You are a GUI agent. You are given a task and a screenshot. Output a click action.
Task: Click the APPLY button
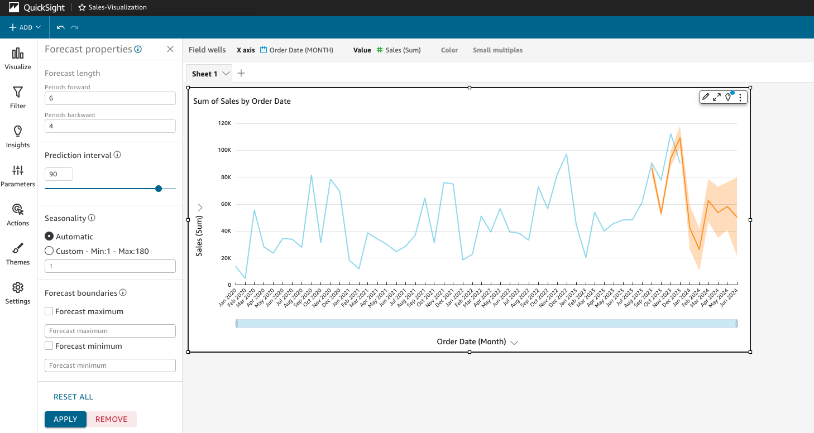65,419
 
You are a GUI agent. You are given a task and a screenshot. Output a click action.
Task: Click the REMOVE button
111,419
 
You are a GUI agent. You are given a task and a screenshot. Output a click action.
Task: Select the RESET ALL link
73,397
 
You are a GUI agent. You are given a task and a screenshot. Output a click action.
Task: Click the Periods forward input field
110,98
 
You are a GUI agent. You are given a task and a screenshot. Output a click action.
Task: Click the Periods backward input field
110,126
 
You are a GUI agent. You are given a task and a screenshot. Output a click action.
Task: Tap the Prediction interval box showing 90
59,174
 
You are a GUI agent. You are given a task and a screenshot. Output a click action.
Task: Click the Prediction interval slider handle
159,189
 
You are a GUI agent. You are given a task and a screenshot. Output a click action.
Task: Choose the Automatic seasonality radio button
49,237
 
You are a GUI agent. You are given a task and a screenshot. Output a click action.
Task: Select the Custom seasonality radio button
49,251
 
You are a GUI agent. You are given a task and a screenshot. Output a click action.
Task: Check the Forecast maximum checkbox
49,311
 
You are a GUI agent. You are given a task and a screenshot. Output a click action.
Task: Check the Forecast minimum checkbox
49,346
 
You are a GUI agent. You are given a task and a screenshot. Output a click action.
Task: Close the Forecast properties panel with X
170,49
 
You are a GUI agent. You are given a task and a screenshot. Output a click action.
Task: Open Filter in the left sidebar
18,97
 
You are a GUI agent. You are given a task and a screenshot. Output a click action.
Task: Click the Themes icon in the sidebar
18,253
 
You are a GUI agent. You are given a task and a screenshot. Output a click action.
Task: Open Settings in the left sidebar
18,292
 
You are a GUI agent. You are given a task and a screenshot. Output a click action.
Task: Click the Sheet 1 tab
205,74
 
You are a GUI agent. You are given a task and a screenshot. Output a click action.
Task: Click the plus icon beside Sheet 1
241,73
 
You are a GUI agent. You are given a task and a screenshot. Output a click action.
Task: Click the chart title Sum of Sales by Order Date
242,101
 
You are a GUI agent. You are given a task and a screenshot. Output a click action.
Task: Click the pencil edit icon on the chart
706,97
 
